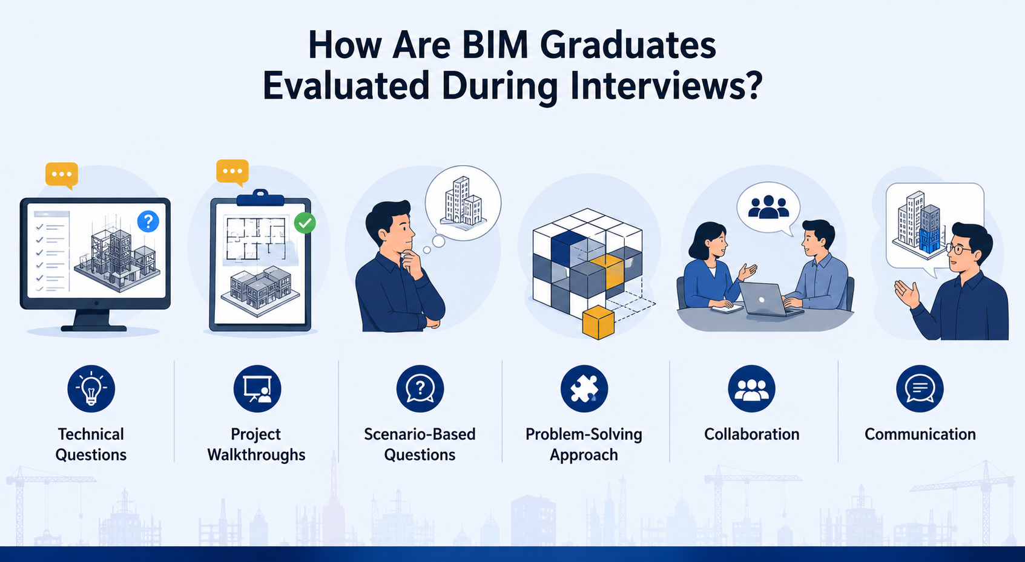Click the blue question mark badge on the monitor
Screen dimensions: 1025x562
(148, 221)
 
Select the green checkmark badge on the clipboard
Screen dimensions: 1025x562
(305, 223)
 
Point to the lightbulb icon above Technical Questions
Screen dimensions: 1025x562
(91, 389)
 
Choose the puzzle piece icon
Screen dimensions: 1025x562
(584, 389)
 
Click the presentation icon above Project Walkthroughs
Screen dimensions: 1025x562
(257, 389)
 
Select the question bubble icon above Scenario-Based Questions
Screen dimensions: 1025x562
(420, 389)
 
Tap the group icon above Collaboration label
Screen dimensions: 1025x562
(751, 389)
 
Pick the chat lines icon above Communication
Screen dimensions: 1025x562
(920, 389)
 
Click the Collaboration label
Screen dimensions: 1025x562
(752, 434)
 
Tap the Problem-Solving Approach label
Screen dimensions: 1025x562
(584, 445)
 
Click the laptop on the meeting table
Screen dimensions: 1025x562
(770, 299)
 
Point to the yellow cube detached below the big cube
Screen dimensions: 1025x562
(598, 322)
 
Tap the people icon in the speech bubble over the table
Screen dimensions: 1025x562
(769, 207)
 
